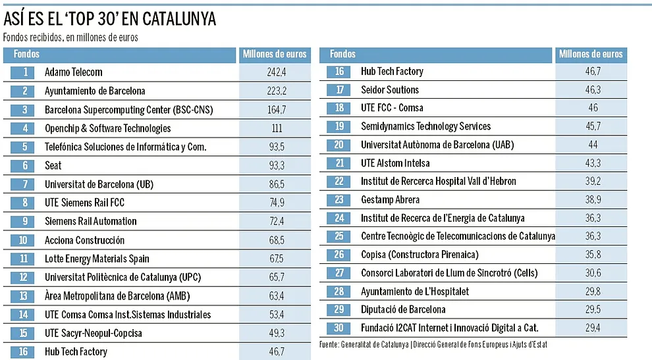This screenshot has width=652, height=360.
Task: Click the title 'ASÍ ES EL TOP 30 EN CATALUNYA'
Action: (109, 19)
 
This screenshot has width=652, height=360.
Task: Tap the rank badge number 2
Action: (25, 91)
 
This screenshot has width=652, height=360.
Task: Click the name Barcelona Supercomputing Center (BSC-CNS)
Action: (128, 110)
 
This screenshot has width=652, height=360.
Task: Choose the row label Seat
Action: (53, 166)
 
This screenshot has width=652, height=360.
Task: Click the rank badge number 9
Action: (25, 222)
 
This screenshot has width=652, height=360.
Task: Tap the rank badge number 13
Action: (25, 296)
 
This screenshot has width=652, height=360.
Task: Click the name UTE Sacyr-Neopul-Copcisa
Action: (93, 334)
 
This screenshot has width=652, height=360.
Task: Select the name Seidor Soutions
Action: (389, 90)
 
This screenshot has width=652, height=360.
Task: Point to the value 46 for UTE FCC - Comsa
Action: (593, 108)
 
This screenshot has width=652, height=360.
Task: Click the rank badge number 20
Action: (340, 145)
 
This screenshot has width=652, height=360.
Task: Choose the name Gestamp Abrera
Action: (390, 199)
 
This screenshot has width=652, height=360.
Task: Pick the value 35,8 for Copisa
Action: (593, 254)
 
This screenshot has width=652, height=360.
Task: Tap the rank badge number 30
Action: (340, 327)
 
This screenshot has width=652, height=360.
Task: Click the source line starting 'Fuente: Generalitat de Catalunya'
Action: (433, 344)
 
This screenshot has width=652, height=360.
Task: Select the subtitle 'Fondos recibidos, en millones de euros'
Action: (71, 38)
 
